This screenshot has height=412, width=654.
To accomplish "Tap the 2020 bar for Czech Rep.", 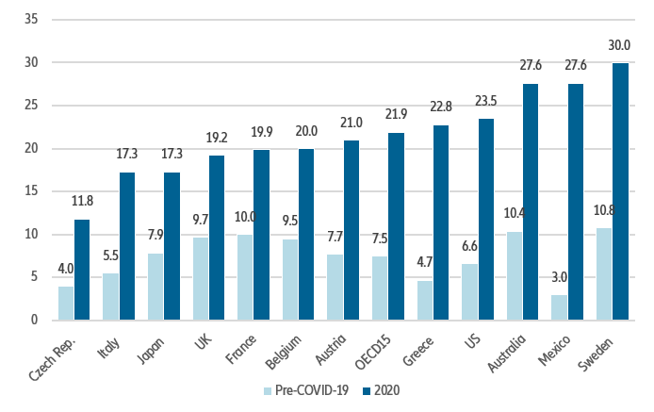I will coord(82,270).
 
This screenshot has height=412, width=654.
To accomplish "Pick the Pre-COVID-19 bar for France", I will coord(246,277).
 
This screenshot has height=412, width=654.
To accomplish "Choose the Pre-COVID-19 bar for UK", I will coord(201,278).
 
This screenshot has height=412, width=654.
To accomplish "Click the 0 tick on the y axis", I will coord(34,321).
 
